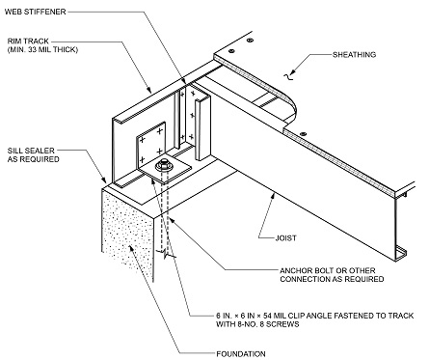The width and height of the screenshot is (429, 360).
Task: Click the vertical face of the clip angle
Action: click(x=153, y=144)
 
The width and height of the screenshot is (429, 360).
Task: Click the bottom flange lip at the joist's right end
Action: click(x=398, y=253)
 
